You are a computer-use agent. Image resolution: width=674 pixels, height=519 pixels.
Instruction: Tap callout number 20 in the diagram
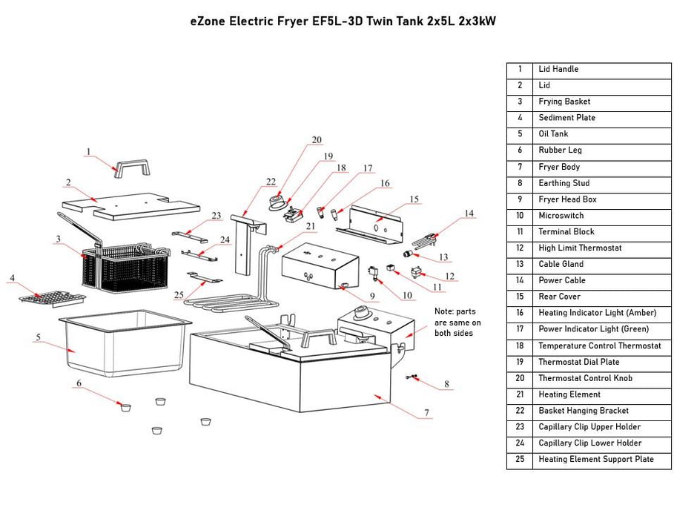[x=317, y=139]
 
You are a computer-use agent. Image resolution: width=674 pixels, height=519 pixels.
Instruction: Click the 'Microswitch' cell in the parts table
[x=561, y=216]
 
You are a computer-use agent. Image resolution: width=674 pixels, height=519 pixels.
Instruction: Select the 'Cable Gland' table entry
[x=561, y=265]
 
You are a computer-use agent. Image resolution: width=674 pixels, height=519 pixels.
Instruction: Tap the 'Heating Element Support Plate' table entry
[x=595, y=460]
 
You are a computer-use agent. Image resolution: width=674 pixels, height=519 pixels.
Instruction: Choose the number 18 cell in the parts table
[x=520, y=346]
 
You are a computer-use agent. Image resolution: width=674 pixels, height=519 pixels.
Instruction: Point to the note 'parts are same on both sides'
[x=457, y=323]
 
